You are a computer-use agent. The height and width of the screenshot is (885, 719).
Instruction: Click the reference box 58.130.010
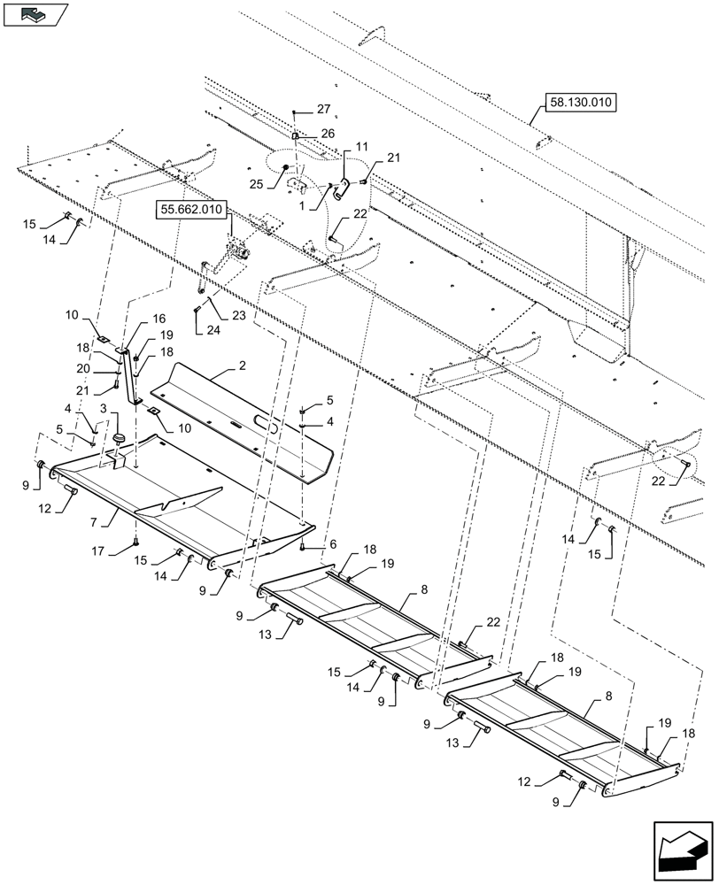578,104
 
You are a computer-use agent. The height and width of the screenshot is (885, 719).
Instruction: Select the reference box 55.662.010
191,210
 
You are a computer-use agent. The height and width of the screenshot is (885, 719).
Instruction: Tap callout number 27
322,111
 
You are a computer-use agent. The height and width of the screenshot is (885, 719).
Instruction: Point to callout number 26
328,134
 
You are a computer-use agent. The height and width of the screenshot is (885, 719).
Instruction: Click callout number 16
159,319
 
